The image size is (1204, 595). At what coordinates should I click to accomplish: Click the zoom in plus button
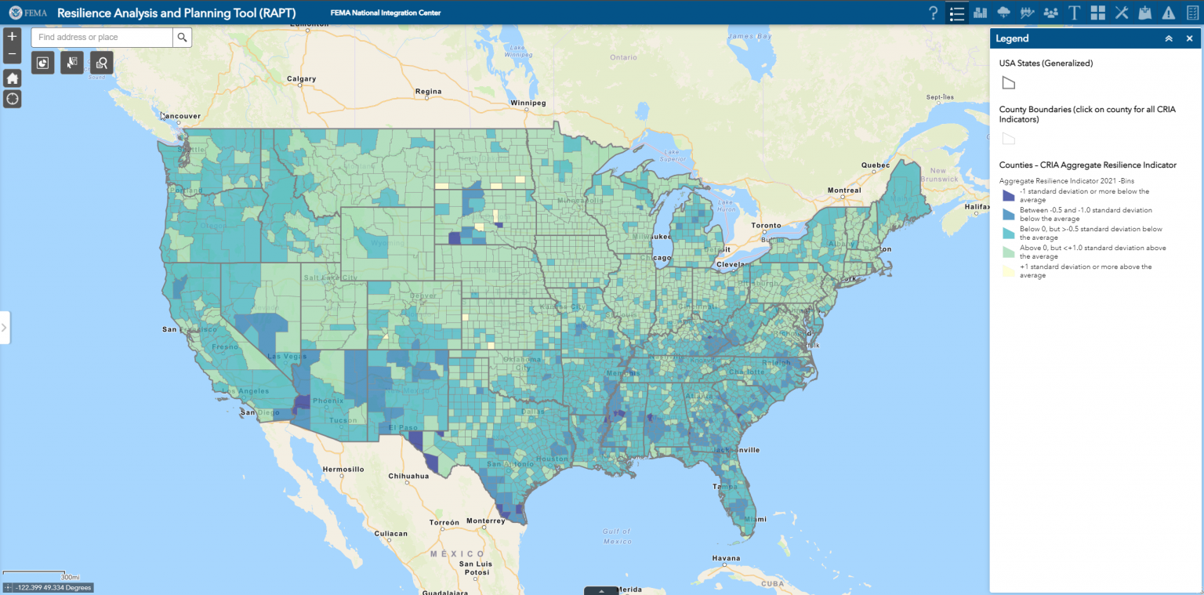click(x=12, y=36)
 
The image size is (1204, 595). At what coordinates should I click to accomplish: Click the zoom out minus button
click(x=12, y=54)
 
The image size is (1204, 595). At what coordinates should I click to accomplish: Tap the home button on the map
click(x=12, y=78)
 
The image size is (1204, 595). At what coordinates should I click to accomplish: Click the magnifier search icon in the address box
click(x=182, y=37)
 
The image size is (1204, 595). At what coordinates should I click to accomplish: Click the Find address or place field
click(x=102, y=37)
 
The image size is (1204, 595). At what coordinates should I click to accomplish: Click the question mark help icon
click(x=933, y=13)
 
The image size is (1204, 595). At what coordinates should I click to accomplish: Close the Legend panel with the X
click(x=1189, y=38)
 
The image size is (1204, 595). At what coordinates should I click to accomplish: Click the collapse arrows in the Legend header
click(x=1169, y=38)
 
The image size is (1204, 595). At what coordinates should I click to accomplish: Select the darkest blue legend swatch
click(x=1009, y=195)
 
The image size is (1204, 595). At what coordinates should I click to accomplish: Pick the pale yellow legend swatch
click(x=1009, y=270)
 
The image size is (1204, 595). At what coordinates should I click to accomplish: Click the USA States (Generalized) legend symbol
click(x=1009, y=83)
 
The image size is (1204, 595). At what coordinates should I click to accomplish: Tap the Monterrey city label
click(x=486, y=521)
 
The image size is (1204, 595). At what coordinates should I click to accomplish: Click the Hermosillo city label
click(x=343, y=469)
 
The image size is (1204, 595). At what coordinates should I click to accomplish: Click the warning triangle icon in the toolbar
click(x=1169, y=13)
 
